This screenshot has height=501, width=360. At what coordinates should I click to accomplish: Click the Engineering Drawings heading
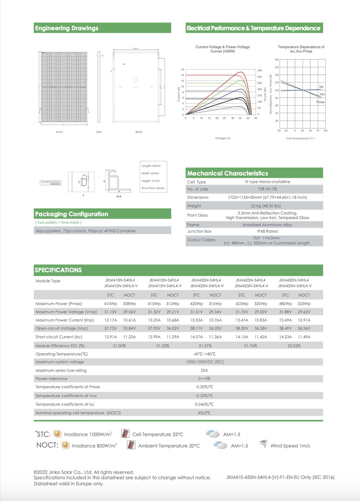[x=67, y=28]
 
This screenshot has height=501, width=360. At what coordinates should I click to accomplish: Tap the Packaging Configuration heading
[x=71, y=214]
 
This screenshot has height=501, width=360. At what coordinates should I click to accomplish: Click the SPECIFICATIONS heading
[x=58, y=270]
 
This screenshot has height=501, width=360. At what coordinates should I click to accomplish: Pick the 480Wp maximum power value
[x=285, y=304]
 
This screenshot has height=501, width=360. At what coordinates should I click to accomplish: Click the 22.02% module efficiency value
[x=294, y=346]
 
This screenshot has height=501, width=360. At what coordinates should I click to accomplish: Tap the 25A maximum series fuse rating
[x=204, y=370]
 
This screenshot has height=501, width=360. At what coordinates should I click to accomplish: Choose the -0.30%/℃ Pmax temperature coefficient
[x=204, y=387]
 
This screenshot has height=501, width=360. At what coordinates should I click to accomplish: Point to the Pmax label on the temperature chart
[x=320, y=102]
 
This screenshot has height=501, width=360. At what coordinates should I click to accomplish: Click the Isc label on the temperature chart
[x=321, y=87]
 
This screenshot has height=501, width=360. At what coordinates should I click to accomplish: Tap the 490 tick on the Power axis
[x=259, y=71]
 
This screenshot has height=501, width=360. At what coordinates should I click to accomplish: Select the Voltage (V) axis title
[x=222, y=138]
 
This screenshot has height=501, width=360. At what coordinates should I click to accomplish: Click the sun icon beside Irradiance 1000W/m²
[x=58, y=434]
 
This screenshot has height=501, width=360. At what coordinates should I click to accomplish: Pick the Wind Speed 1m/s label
[x=290, y=446]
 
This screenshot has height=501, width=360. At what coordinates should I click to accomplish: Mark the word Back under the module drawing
[x=138, y=132]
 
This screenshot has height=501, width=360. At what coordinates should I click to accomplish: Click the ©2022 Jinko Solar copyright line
[x=83, y=472]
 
